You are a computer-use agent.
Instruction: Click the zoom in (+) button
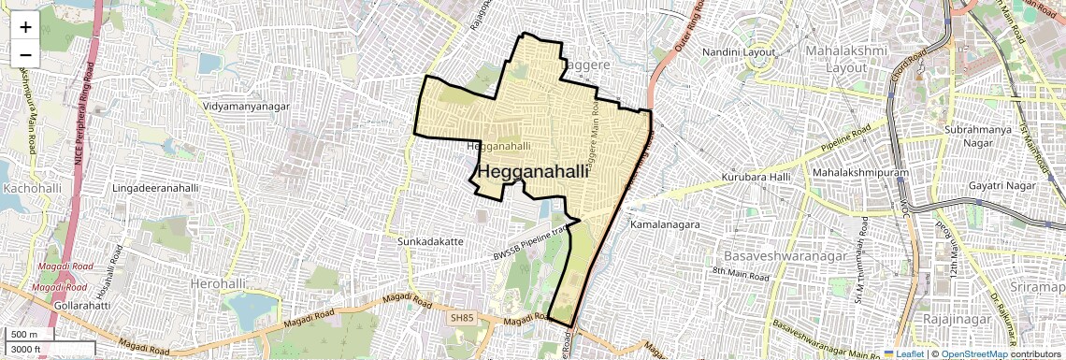coord(25,26)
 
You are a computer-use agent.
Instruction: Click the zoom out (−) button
coord(25,54)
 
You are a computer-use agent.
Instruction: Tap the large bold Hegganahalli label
coord(534,172)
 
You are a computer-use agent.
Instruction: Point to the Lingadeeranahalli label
coord(155,188)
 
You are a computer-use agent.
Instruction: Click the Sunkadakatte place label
coord(430,241)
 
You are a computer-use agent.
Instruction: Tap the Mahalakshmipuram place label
coord(861,173)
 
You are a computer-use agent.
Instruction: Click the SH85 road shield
coord(462,318)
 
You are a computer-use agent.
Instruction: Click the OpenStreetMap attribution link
coord(973,354)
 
